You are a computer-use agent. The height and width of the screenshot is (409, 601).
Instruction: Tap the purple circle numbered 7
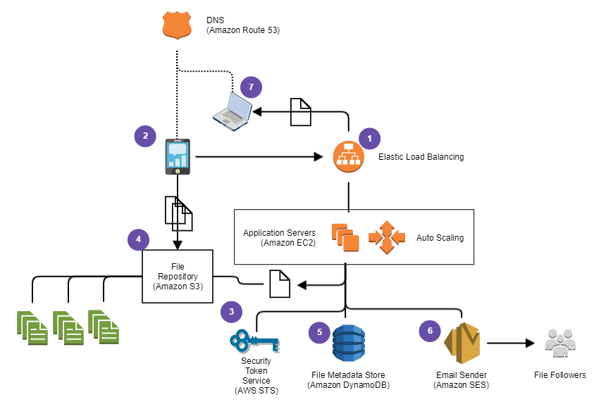251,87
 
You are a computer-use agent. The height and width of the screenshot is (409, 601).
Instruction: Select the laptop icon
233,110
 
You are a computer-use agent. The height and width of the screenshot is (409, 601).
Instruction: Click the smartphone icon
178,156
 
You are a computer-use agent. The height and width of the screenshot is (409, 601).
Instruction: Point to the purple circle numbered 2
145,136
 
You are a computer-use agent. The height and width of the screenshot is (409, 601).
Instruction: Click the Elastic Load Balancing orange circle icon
348,157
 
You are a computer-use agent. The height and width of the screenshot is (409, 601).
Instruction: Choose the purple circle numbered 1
369,137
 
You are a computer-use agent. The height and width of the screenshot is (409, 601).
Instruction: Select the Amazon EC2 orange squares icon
345,237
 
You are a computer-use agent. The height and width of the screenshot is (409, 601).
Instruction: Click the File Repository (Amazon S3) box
177,276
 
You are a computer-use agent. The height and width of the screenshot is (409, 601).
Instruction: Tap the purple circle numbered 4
138,239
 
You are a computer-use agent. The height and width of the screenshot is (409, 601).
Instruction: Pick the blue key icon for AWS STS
254,343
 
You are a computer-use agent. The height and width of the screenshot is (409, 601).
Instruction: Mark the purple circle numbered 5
319,332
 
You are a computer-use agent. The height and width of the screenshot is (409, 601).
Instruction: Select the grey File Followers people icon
560,344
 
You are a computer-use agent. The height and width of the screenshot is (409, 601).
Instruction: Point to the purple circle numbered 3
231,311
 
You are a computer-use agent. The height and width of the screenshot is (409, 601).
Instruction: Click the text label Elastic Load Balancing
421,157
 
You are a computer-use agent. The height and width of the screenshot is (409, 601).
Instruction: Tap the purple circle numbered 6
429,331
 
